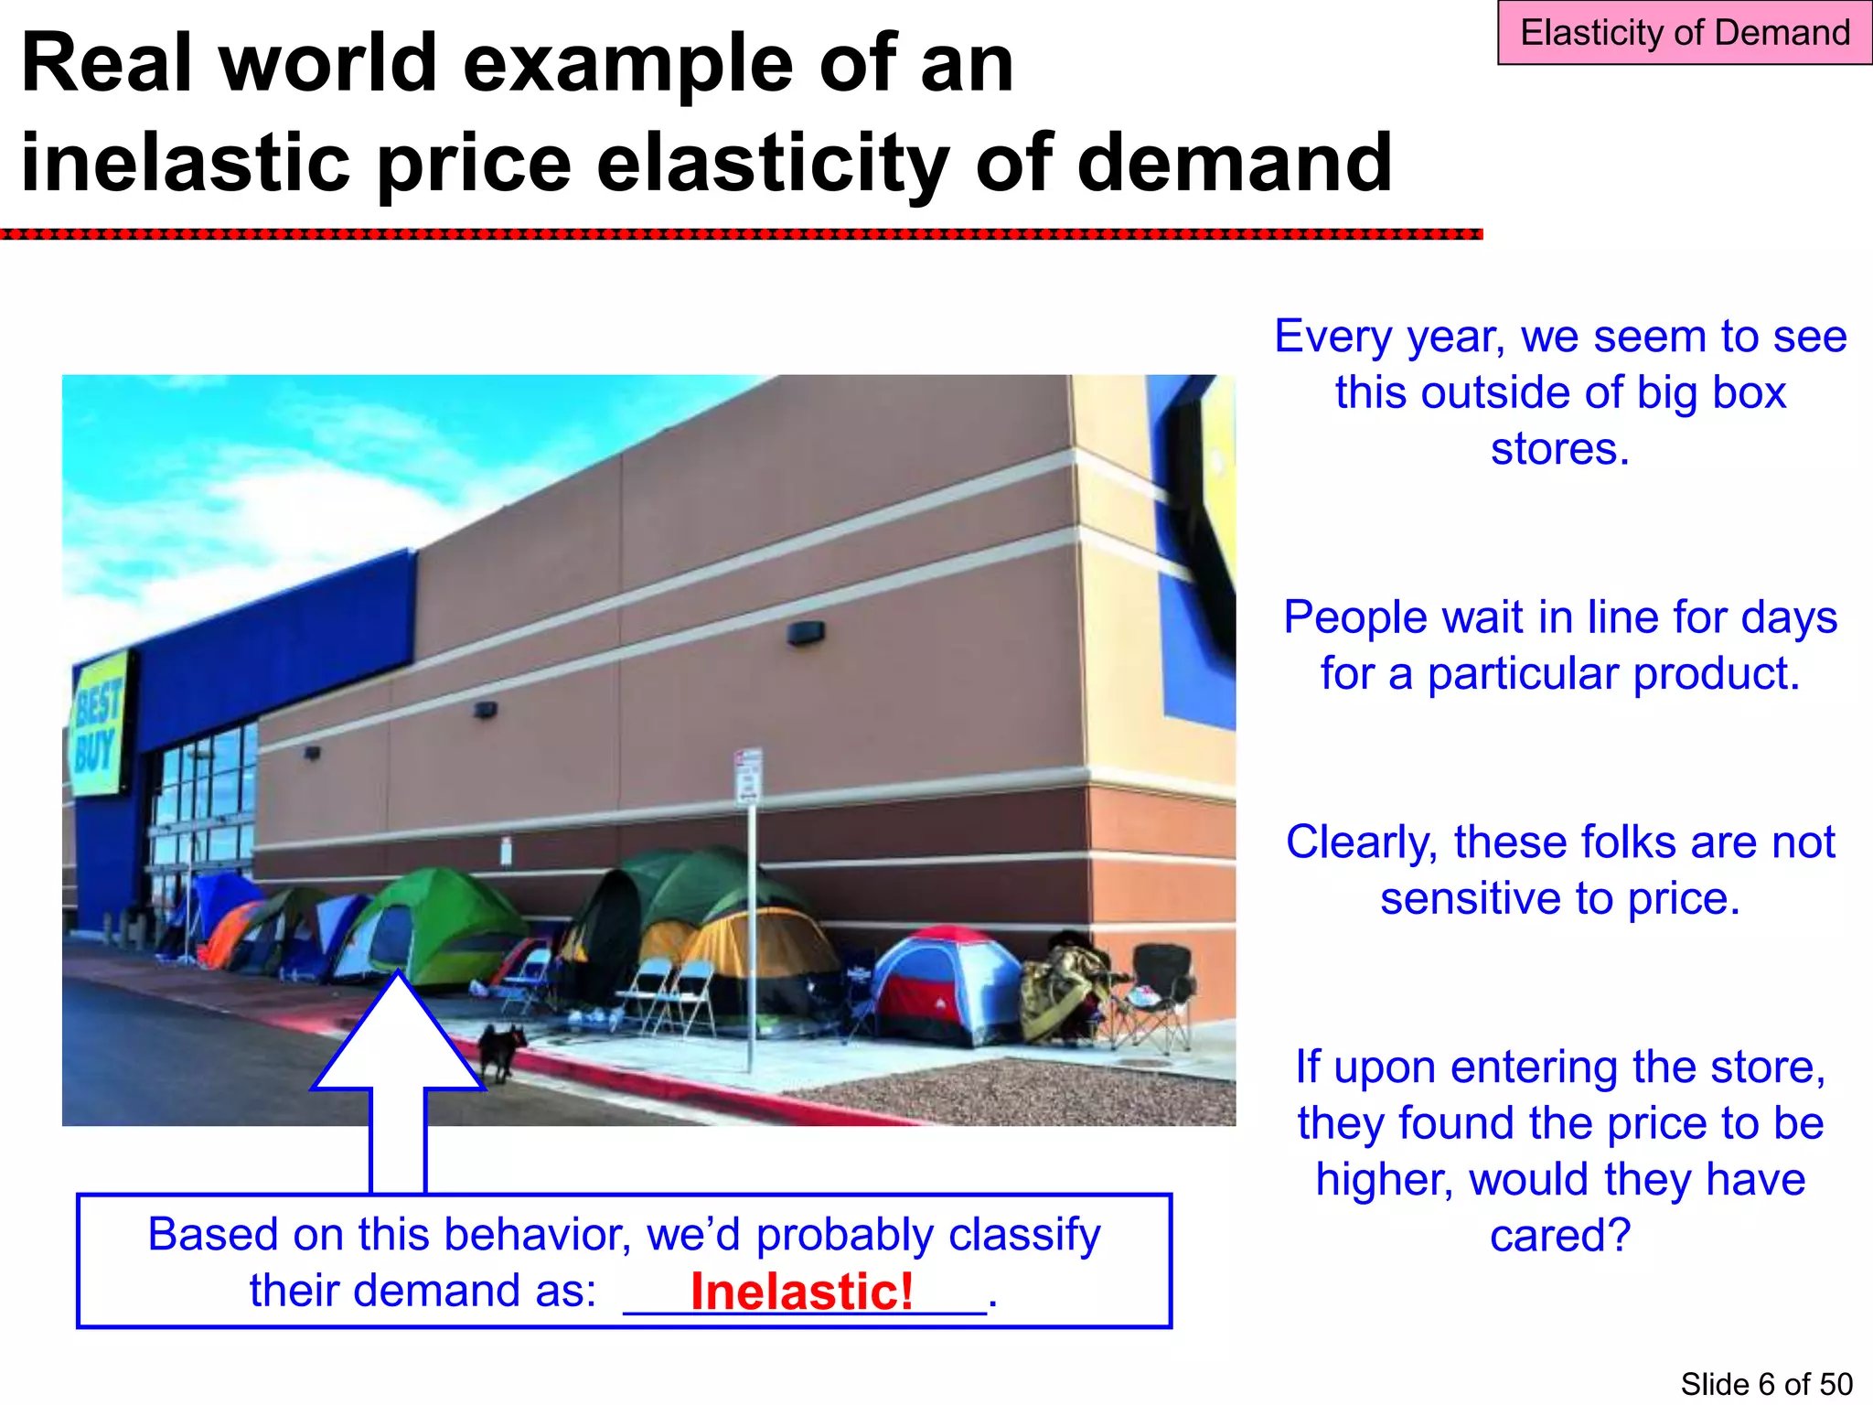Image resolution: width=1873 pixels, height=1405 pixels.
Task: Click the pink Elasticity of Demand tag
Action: (1684, 33)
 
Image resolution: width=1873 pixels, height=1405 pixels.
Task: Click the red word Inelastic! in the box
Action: (802, 1291)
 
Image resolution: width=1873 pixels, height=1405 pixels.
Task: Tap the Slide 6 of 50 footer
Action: (1766, 1384)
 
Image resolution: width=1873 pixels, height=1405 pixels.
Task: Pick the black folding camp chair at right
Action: (1160, 988)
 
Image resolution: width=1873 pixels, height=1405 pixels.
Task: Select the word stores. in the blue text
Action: (1560, 449)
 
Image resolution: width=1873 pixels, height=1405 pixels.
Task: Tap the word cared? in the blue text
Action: (1560, 1236)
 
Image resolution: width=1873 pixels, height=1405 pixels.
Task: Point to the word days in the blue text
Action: (1789, 617)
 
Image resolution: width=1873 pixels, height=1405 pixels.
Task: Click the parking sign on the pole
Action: (749, 778)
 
